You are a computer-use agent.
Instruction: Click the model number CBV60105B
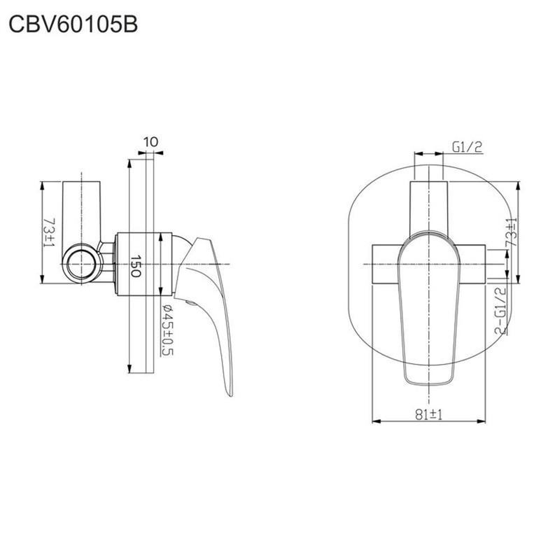point(73,25)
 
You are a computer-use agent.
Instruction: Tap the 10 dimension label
point(150,142)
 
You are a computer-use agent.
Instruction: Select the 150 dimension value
point(135,266)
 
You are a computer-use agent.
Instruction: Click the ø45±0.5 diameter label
point(167,330)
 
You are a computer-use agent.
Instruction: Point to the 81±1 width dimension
point(428,414)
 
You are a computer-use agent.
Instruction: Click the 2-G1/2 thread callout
point(500,311)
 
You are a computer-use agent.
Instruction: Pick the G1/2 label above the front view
point(467,147)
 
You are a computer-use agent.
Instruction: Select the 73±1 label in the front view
point(512,232)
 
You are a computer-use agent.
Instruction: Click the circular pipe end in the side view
point(82,265)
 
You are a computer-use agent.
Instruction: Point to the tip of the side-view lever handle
point(230,395)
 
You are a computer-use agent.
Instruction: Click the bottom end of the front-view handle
point(428,385)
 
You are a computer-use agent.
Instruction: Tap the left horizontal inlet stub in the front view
point(386,265)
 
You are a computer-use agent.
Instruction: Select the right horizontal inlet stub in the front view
point(471,265)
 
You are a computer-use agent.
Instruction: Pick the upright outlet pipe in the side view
point(81,213)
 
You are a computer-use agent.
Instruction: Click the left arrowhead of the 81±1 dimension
point(376,421)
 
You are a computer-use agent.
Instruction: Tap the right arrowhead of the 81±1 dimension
point(482,421)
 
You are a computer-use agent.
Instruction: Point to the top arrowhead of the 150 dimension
point(130,164)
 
